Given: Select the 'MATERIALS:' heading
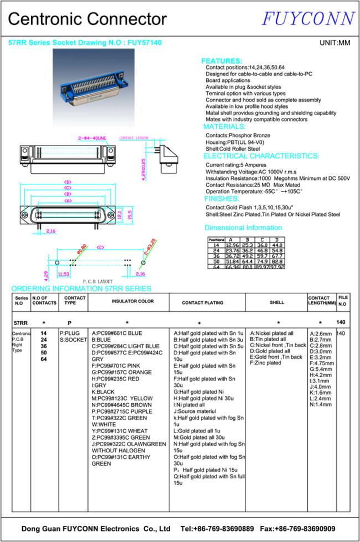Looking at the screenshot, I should [x=224, y=127].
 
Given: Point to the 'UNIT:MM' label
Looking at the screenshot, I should [x=336, y=42].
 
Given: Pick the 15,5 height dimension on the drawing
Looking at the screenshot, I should [x=130, y=213].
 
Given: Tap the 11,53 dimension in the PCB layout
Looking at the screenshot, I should [x=63, y=273].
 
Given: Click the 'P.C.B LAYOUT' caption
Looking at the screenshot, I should [x=97, y=282].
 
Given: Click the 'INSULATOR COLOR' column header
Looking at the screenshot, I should [x=128, y=302].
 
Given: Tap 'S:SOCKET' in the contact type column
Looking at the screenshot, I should [x=72, y=340].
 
